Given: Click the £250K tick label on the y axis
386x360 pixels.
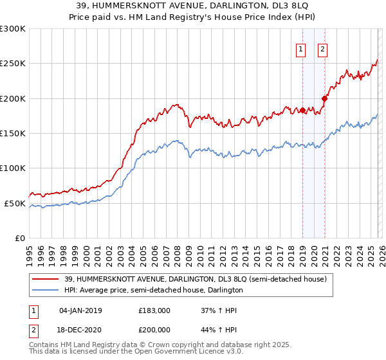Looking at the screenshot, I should (x=13, y=64).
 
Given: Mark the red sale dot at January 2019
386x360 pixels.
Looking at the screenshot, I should (x=302, y=111).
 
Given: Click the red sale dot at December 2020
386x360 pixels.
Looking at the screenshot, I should (x=325, y=98).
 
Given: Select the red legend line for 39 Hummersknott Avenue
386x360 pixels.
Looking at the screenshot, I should (x=46, y=279).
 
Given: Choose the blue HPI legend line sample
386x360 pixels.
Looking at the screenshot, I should (x=46, y=291).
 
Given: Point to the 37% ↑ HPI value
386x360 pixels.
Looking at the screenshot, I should (x=219, y=310).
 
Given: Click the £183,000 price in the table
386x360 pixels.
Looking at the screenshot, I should (x=154, y=310).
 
